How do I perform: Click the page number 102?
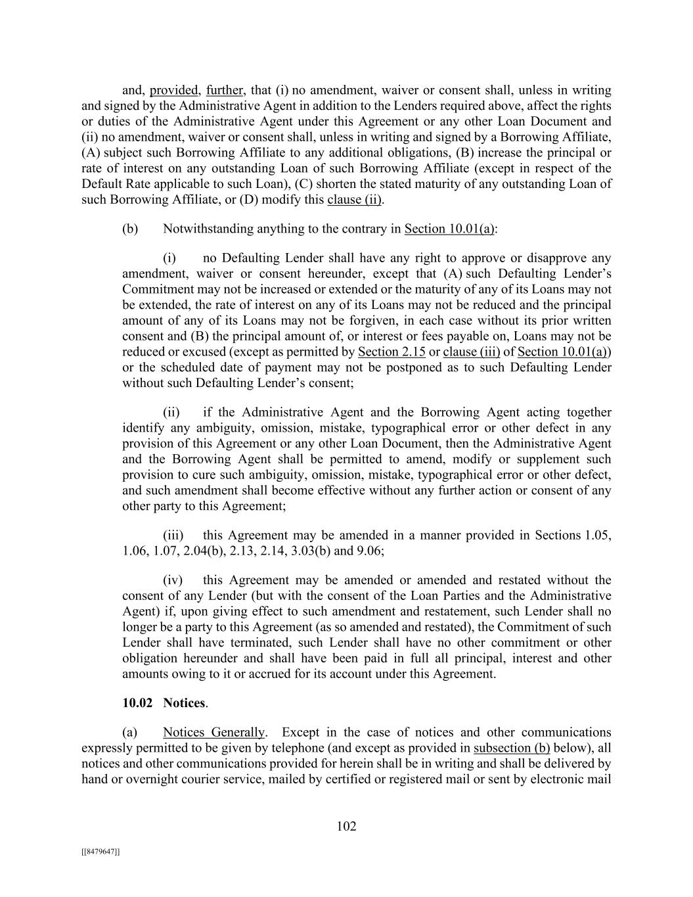pyautogui.click(x=346, y=827)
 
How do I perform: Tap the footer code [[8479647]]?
pyautogui.click(x=101, y=852)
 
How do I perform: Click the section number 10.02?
pyautogui.click(x=137, y=703)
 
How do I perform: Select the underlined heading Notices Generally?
pyautogui.click(x=214, y=733)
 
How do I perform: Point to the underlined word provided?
pyautogui.click(x=175, y=90)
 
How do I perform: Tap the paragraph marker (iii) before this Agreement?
pyautogui.click(x=173, y=536)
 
